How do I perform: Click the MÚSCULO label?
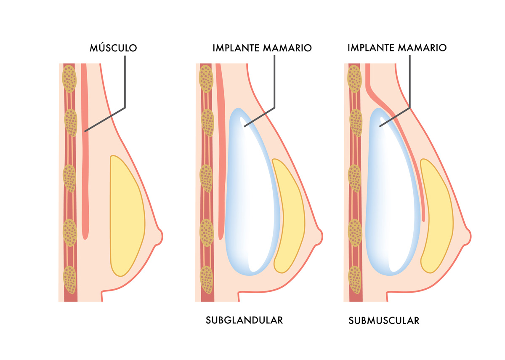(x=113, y=48)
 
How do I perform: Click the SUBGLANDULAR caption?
(x=244, y=320)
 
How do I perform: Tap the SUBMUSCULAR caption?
(x=384, y=320)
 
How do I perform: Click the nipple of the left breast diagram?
(x=159, y=236)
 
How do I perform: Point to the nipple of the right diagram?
(x=467, y=236)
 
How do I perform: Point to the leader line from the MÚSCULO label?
(x=125, y=84)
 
